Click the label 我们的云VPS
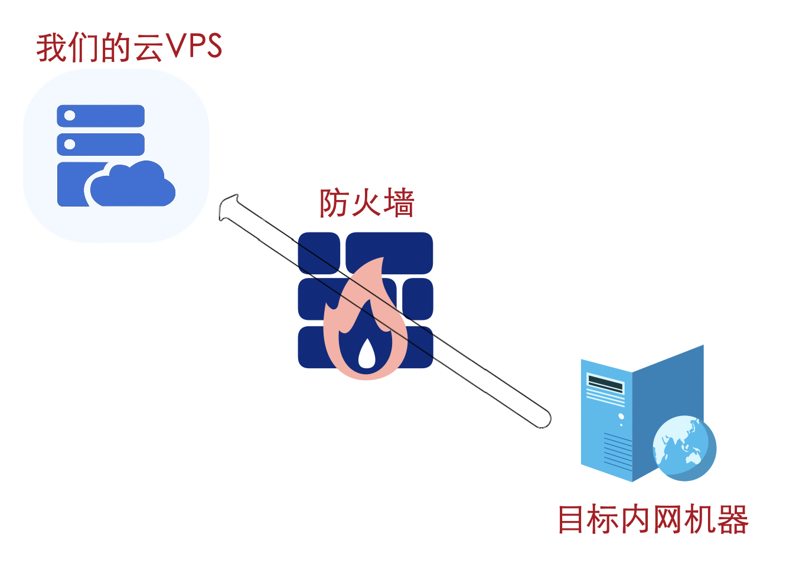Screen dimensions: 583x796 click(129, 47)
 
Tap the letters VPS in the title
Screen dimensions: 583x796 click(194, 47)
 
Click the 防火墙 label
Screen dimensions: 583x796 click(367, 203)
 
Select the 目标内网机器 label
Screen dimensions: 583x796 click(653, 520)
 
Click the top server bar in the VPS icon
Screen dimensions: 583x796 click(101, 116)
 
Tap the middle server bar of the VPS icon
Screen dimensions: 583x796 click(101, 144)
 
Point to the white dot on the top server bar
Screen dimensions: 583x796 click(70, 116)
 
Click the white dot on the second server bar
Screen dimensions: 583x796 click(70, 144)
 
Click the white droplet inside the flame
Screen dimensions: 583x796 click(367, 354)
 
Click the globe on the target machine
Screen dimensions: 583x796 click(684, 447)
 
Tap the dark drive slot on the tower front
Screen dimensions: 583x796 click(605, 385)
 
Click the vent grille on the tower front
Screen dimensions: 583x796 click(617, 452)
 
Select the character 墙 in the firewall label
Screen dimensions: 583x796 click(399, 203)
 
